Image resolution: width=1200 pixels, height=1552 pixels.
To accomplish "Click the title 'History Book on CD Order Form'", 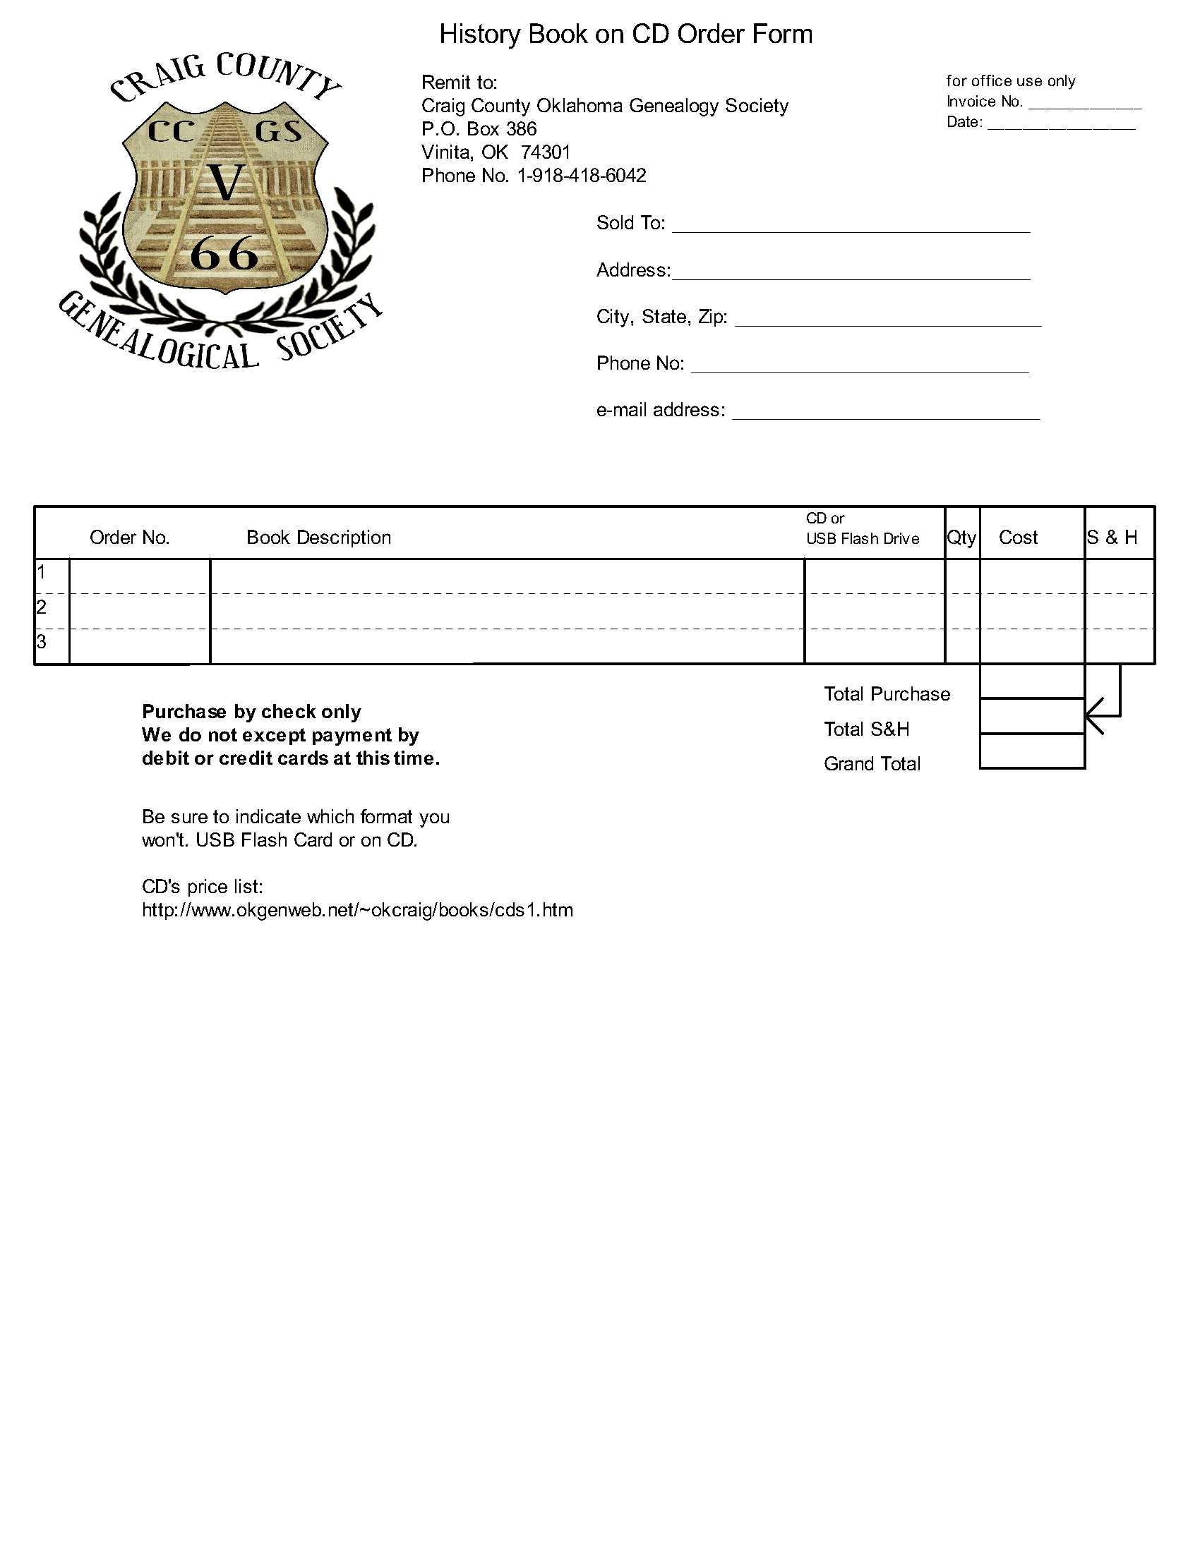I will pyautogui.click(x=625, y=34).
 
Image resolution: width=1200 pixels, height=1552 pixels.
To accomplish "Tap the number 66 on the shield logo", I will pyautogui.click(x=224, y=254).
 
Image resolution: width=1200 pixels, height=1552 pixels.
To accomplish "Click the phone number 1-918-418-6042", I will pyautogui.click(x=582, y=176).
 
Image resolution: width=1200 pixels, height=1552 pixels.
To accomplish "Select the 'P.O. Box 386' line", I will pyautogui.click(x=479, y=128).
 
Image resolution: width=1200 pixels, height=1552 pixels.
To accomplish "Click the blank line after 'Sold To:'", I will pyautogui.click(x=851, y=226).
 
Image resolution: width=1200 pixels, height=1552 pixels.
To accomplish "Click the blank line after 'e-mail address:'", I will pyautogui.click(x=885, y=413).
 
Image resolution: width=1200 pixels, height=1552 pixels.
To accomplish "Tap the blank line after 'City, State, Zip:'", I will pyautogui.click(x=887, y=320).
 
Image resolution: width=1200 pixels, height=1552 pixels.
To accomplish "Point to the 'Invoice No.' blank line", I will pyautogui.click(x=1084, y=104).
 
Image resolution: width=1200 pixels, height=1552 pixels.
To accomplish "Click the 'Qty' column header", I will pyautogui.click(x=962, y=538).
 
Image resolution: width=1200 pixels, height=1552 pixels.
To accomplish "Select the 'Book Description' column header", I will pyautogui.click(x=318, y=538).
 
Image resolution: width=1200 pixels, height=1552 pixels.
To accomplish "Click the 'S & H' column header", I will pyautogui.click(x=1112, y=538).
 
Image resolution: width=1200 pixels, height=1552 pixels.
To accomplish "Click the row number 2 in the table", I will pyautogui.click(x=41, y=607).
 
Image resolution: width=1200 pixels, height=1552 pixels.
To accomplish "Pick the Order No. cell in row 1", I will pyautogui.click(x=139, y=576).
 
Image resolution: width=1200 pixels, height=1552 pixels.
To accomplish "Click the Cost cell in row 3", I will pyautogui.click(x=1031, y=646).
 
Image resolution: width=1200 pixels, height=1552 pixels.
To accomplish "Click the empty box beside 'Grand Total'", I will pyautogui.click(x=1031, y=751).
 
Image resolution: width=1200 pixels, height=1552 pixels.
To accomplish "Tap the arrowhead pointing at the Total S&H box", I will pyautogui.click(x=1093, y=715).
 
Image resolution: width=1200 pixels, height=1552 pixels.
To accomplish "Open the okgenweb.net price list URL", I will pyautogui.click(x=358, y=909).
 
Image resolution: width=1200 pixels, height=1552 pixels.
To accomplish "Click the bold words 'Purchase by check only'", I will pyautogui.click(x=252, y=711).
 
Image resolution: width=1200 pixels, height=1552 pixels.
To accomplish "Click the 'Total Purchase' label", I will pyautogui.click(x=887, y=693).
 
